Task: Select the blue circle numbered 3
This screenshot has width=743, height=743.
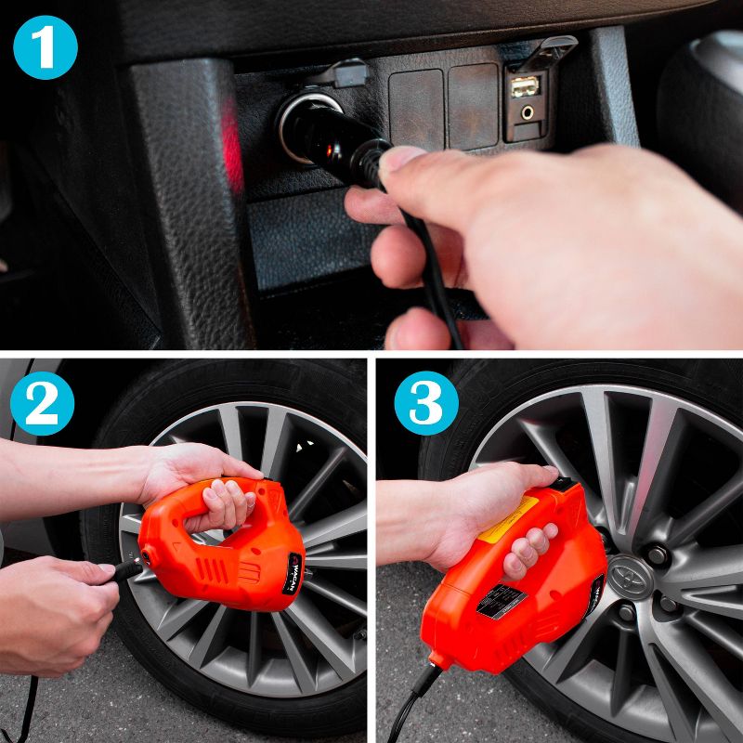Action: (426, 404)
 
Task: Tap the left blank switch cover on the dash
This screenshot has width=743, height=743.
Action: (416, 107)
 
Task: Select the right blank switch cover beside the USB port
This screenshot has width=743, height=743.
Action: (474, 105)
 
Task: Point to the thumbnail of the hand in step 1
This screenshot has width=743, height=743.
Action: (401, 160)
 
